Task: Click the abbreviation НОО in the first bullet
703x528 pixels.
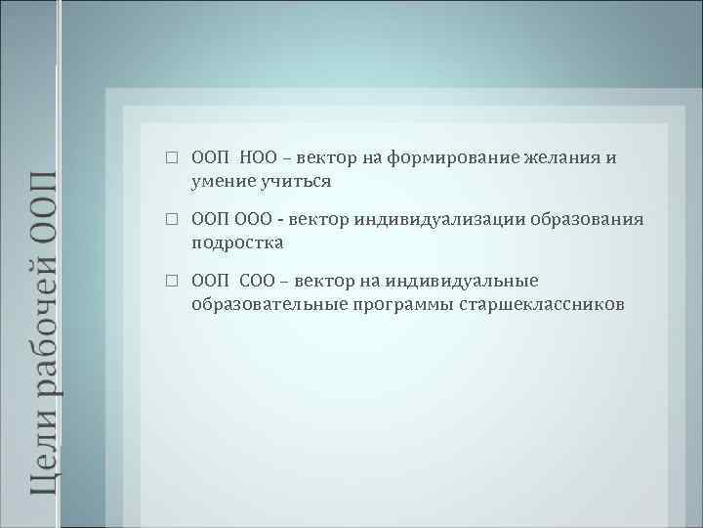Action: coord(260,158)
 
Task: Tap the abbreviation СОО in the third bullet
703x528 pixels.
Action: coord(259,281)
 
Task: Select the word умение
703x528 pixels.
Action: coord(222,181)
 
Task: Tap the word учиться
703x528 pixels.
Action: coord(293,181)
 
